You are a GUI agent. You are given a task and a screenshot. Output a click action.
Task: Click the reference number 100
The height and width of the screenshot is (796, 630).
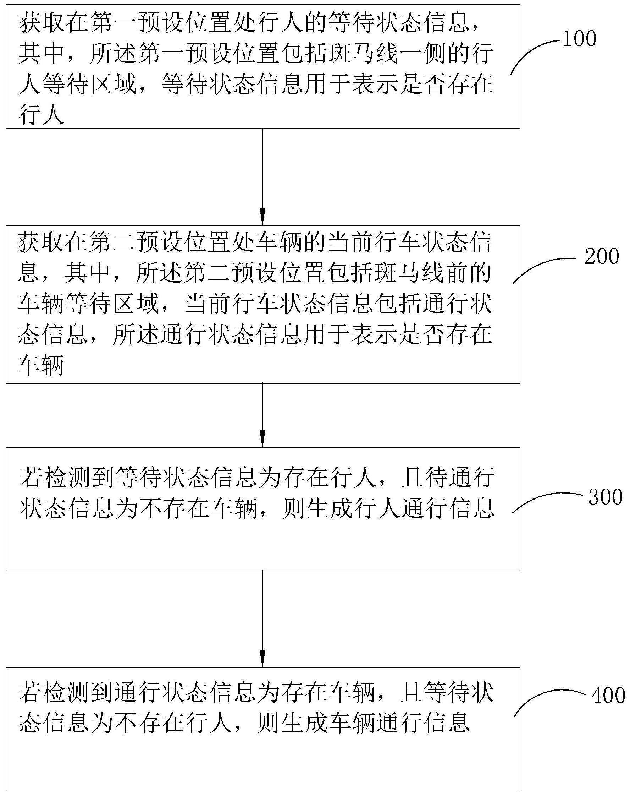(x=580, y=38)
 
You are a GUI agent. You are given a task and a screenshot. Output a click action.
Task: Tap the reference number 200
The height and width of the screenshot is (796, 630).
(x=602, y=256)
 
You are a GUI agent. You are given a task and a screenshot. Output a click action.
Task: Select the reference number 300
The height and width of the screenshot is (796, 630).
(x=605, y=497)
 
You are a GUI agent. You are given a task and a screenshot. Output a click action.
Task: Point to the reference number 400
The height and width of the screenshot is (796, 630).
(x=608, y=696)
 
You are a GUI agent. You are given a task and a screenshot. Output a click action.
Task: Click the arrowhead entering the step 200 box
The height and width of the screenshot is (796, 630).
(x=262, y=217)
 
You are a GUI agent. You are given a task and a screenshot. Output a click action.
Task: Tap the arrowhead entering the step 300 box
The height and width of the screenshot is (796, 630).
(x=262, y=438)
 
